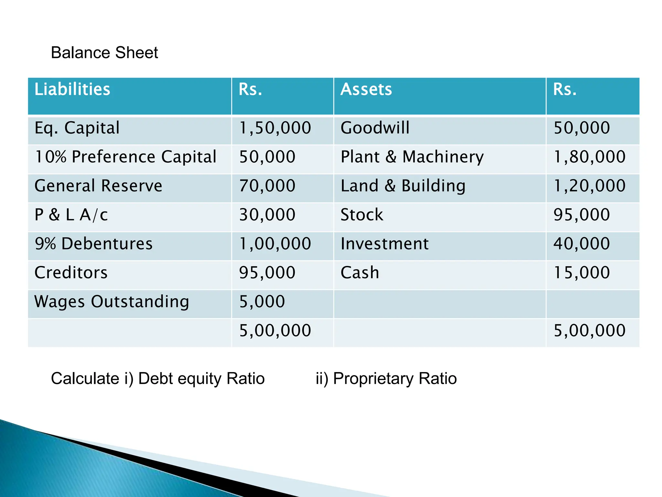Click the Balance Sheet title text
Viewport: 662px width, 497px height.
tap(104, 53)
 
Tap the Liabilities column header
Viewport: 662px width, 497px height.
tap(72, 89)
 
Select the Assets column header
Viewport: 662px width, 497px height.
tap(366, 89)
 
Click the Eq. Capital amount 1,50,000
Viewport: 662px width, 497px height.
tap(275, 128)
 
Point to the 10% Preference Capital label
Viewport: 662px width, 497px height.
tap(125, 157)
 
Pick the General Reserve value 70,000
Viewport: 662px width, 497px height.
tap(267, 186)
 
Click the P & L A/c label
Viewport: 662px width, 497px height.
tap(71, 215)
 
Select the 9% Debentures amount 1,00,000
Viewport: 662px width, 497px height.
tap(275, 244)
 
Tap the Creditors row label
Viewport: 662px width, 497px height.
tap(71, 273)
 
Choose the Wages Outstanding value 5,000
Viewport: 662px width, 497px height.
tap(262, 302)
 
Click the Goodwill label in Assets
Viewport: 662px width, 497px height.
tap(375, 128)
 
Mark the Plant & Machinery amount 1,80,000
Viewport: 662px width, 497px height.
tap(590, 157)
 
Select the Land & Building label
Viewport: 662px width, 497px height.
tap(403, 186)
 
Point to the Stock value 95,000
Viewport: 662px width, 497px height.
tap(582, 215)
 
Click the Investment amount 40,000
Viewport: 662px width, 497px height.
tap(582, 244)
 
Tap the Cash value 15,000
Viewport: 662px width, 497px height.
tap(582, 273)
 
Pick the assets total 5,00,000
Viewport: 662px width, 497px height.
tap(590, 331)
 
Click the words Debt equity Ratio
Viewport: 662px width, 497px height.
tap(201, 379)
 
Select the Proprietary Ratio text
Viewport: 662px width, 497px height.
tap(395, 379)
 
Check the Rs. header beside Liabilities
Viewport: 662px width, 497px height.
tap(250, 89)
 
